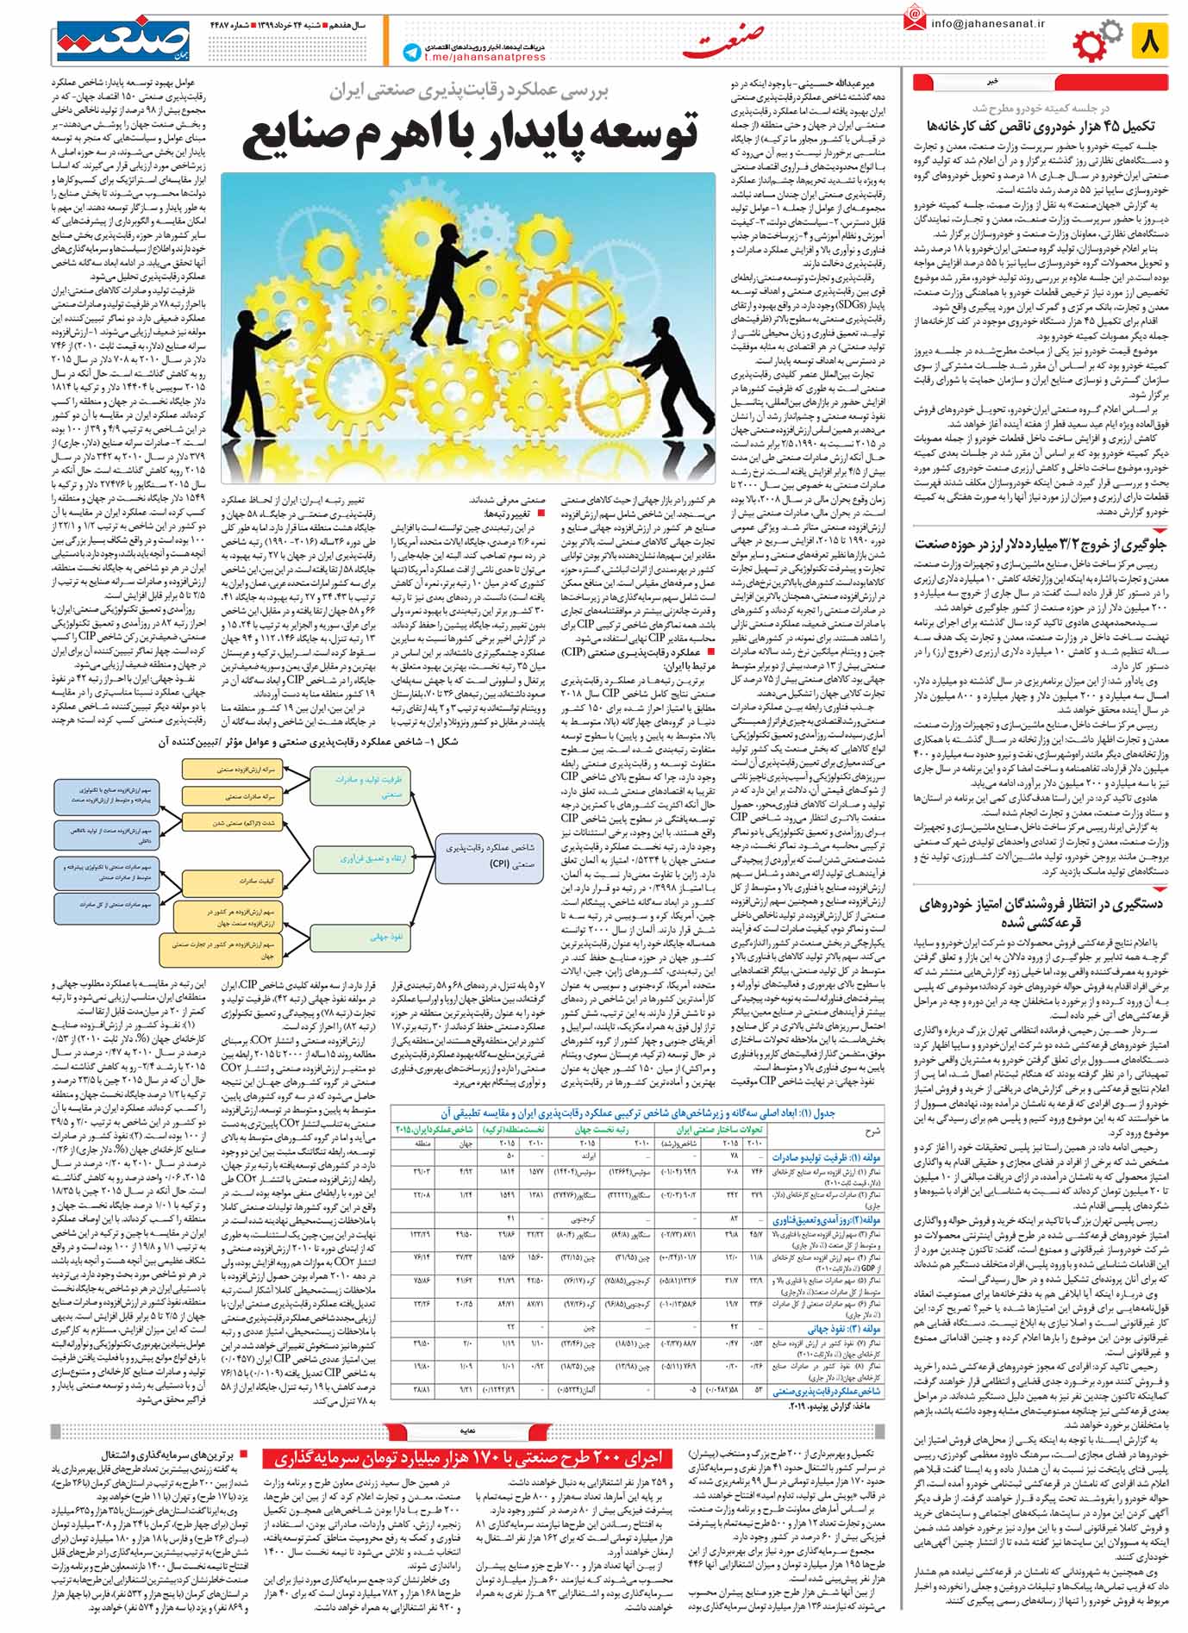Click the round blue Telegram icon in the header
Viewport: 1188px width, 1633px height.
tap(411, 53)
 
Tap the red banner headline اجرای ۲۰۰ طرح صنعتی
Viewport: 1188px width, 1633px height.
tap(470, 1458)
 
